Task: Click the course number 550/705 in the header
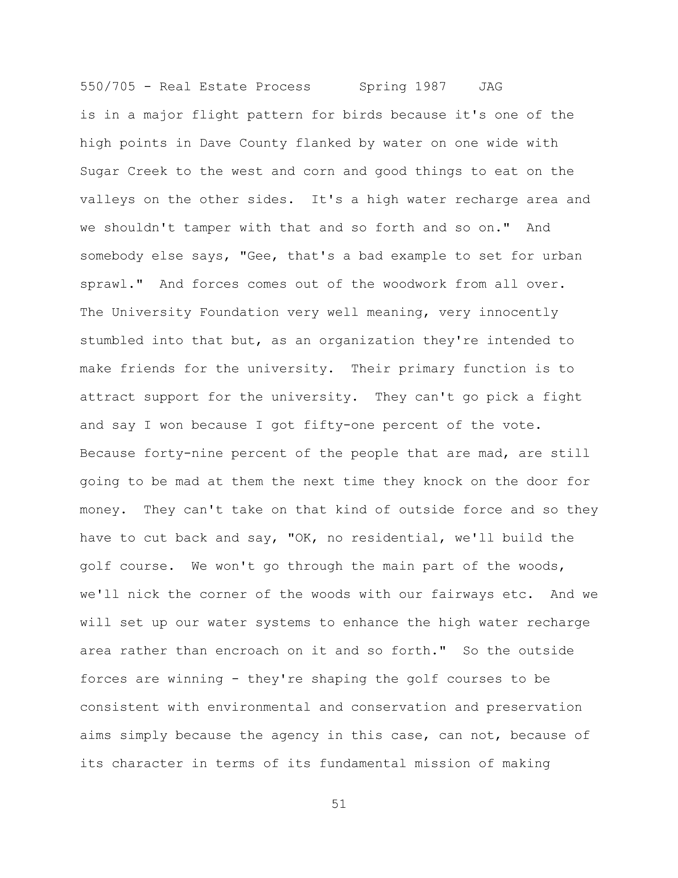pos(108,87)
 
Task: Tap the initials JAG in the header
pos(490,87)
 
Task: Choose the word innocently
pos(518,313)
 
